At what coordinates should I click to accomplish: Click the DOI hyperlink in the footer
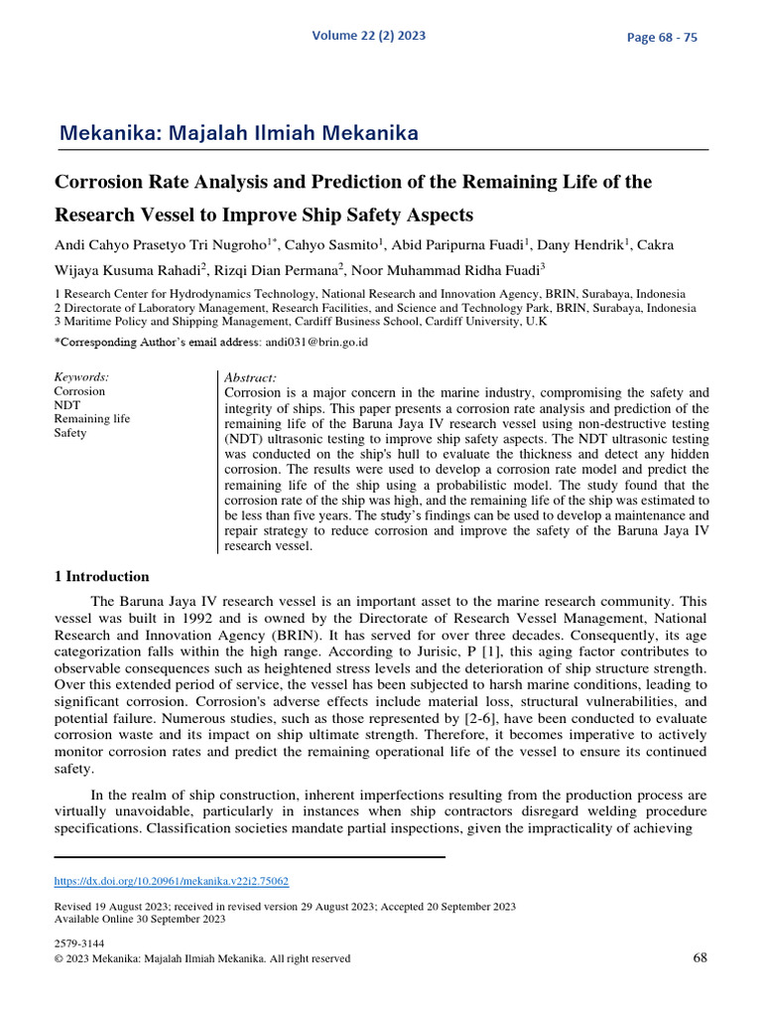pos(171,881)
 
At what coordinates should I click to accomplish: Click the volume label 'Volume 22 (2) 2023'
pos(368,36)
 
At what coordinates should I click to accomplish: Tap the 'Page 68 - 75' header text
pos(662,38)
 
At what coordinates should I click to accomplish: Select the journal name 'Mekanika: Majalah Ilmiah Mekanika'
pos(239,133)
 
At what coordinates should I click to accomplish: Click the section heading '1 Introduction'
pos(100,576)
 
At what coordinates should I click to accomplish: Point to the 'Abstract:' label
pos(251,378)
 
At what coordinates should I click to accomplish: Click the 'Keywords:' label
pos(81,377)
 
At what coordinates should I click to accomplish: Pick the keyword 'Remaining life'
pos(91,419)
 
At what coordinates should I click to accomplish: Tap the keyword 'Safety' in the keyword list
pos(69,433)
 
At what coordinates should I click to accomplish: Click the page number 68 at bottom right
pos(698,957)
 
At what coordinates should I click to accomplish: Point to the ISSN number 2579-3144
pos(78,944)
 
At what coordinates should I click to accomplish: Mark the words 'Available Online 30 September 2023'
pos(139,919)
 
